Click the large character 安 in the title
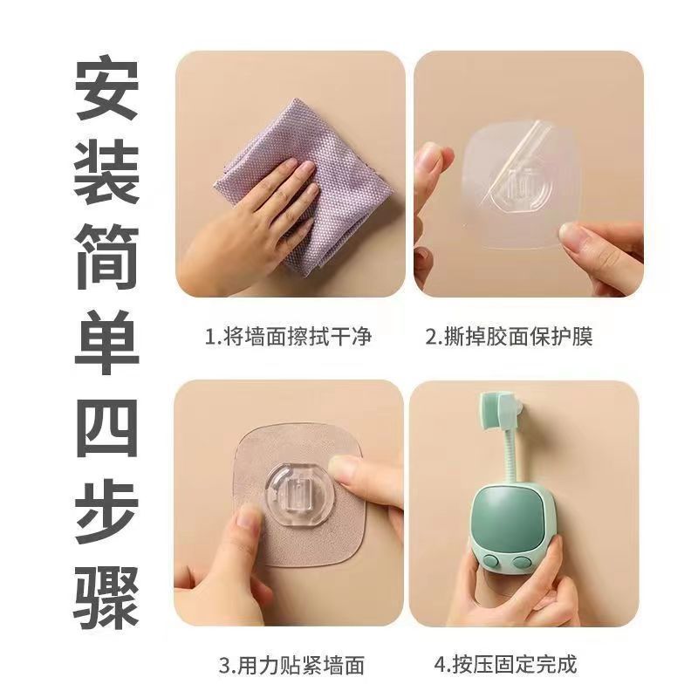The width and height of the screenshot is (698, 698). pos(106,88)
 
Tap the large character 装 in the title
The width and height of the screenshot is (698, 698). pos(106,173)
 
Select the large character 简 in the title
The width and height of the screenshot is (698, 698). pos(106,257)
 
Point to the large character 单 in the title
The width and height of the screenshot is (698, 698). pos(106,341)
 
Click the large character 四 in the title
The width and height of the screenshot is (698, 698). pos(106,426)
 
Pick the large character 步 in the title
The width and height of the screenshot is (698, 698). pos(106,511)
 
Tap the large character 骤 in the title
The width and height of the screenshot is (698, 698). pos(106,596)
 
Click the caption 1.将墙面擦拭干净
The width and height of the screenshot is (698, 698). pos(288,336)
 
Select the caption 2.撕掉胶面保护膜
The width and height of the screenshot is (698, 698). pos(510,336)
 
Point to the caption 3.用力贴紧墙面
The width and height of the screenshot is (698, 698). pos(291,665)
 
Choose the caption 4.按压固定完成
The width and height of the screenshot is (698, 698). pos(505,664)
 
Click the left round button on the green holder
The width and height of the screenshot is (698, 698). pos(490,560)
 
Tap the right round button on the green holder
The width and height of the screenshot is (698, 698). pos(519,562)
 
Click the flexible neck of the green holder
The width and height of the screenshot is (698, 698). pos(511,459)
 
